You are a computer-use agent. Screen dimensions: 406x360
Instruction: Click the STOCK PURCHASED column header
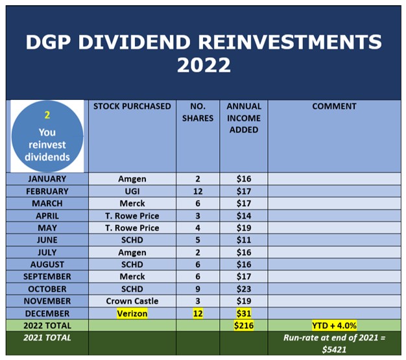tap(132, 106)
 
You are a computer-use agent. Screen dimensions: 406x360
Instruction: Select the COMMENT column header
tap(334, 106)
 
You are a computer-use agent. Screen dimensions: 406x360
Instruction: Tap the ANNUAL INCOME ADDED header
tap(244, 118)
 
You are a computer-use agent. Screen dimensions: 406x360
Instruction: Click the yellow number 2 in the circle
tap(47, 115)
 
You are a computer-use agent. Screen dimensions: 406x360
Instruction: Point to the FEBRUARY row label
tap(47, 191)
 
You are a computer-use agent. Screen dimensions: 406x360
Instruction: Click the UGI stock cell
tap(132, 191)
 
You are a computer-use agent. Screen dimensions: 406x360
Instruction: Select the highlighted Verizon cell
tap(132, 313)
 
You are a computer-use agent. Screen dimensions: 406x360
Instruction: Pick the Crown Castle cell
tap(132, 301)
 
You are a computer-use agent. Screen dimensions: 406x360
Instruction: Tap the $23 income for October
tap(244, 289)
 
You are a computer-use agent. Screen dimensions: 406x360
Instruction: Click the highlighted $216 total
tap(244, 325)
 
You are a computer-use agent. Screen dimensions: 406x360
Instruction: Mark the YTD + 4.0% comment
tap(334, 325)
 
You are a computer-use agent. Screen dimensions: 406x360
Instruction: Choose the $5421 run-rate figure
tap(334, 350)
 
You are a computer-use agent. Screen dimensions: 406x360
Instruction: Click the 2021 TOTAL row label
tap(47, 338)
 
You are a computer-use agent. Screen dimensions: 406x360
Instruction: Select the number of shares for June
tap(198, 240)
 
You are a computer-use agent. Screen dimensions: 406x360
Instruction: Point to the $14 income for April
tap(244, 216)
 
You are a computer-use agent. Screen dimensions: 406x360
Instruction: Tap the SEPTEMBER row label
tap(47, 276)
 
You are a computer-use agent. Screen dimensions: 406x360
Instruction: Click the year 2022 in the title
tap(204, 65)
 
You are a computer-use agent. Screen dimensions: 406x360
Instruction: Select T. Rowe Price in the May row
tap(132, 228)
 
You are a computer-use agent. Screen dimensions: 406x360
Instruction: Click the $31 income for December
tap(244, 313)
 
